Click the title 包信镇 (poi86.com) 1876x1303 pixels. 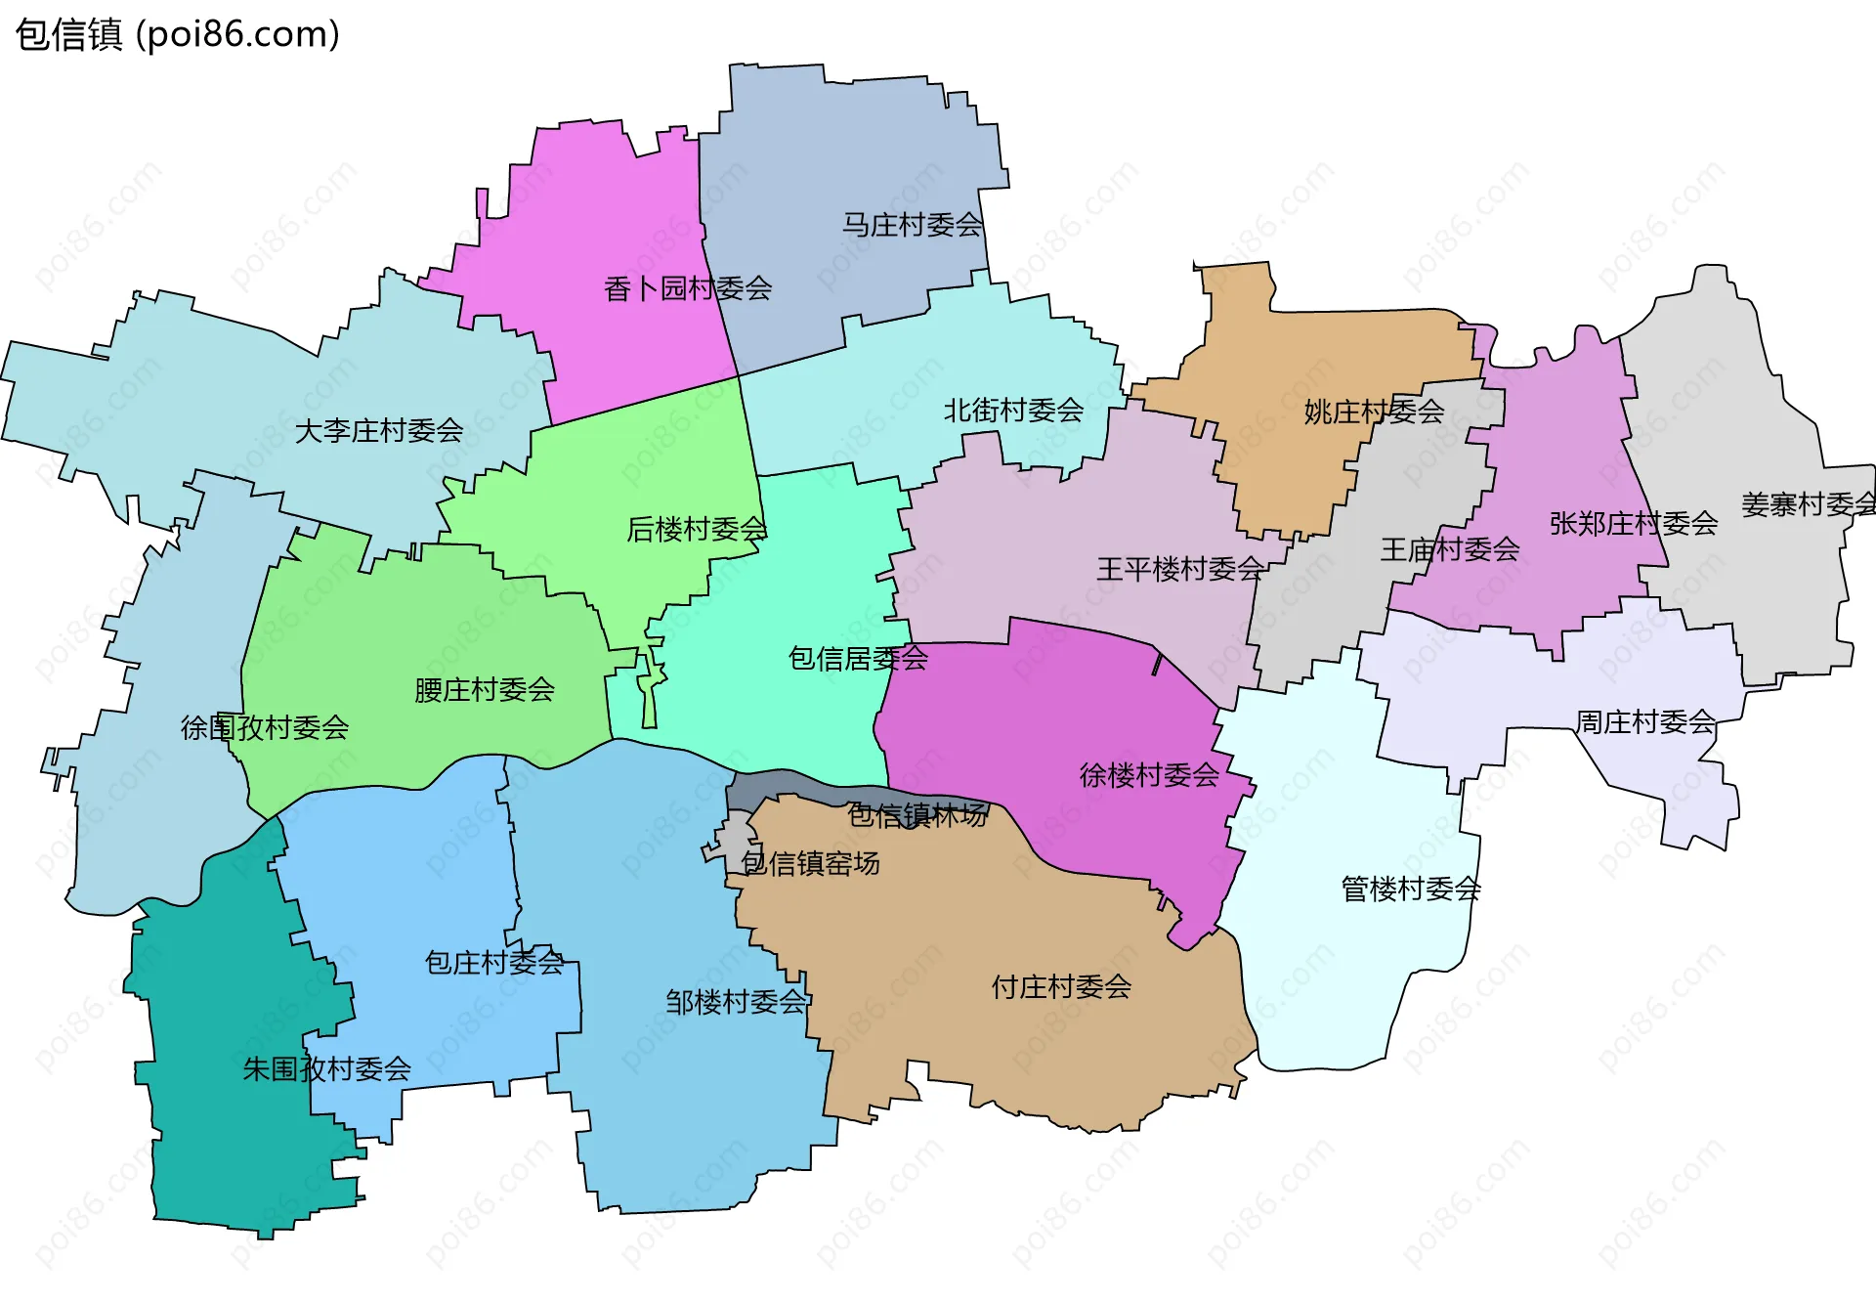177,34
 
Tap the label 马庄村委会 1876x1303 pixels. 912,225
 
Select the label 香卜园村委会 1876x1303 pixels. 688,288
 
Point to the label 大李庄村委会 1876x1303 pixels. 379,430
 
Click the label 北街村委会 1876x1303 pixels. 1013,411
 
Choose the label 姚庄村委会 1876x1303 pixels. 1374,412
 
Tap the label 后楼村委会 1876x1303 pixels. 697,529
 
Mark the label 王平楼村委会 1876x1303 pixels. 1180,569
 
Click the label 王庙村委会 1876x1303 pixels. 1450,549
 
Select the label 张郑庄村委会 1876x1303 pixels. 1634,524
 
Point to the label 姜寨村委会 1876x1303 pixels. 1808,504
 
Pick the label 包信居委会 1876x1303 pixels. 858,659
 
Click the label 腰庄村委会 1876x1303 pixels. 485,690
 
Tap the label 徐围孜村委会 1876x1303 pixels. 265,727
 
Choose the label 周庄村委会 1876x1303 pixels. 1645,722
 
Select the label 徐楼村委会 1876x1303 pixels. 1149,775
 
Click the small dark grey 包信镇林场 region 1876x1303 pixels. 782,786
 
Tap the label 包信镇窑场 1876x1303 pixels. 810,863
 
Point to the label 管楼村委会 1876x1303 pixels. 1411,889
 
